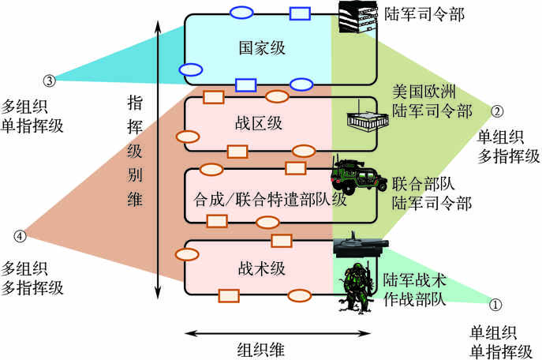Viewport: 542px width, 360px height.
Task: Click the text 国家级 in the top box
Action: (261, 49)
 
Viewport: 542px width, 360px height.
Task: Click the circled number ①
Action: (495, 302)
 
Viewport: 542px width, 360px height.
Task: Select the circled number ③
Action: (49, 80)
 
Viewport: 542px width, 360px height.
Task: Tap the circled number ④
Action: (20, 235)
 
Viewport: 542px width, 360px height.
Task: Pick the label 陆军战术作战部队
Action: (415, 289)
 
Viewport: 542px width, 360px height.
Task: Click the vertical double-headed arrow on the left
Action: (159, 158)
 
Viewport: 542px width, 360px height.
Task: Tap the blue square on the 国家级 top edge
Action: (299, 13)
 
